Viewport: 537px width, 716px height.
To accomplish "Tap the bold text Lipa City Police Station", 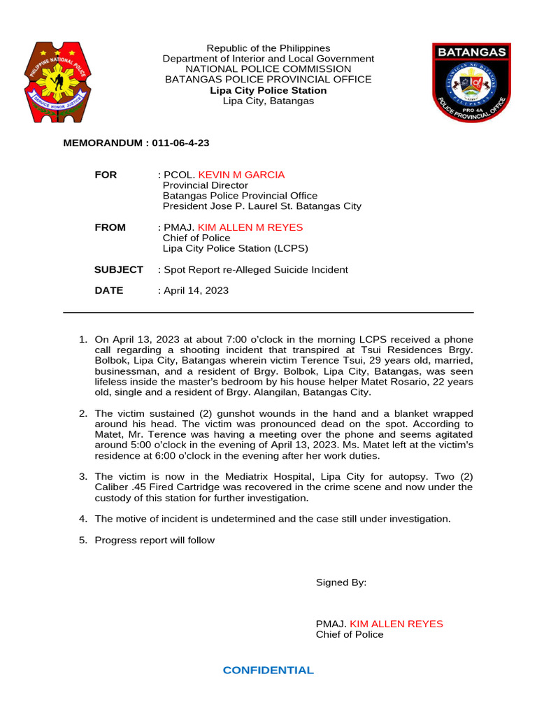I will pyautogui.click(x=268, y=90).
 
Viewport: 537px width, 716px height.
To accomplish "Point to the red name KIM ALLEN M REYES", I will pyautogui.click(x=250, y=227).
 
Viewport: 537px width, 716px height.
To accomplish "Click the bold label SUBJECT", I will pyautogui.click(x=119, y=269).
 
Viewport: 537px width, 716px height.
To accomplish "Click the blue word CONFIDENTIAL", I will pyautogui.click(x=268, y=670).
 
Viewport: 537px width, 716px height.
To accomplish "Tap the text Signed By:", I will pyautogui.click(x=341, y=582).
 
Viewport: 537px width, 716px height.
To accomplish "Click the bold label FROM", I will pyautogui.click(x=110, y=227).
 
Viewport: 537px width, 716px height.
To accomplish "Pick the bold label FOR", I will pyautogui.click(x=106, y=175).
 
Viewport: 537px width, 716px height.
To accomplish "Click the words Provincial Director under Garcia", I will pyautogui.click(x=205, y=185).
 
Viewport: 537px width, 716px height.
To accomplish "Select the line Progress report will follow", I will pyautogui.click(x=155, y=540).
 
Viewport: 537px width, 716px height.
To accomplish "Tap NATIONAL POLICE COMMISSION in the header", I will pyautogui.click(x=268, y=69).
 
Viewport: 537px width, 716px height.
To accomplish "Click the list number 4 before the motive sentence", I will pyautogui.click(x=83, y=518).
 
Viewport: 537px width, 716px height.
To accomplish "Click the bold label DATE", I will pyautogui.click(x=109, y=290).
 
